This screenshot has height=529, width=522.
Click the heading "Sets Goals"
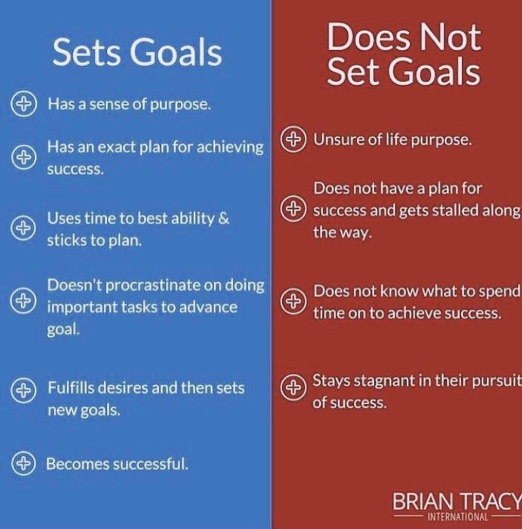[137, 53]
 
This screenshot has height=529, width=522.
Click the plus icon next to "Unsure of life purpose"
[293, 139]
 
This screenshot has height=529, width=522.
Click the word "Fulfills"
[71, 388]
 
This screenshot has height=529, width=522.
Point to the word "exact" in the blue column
[117, 148]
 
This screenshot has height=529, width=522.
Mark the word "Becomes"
[78, 464]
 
